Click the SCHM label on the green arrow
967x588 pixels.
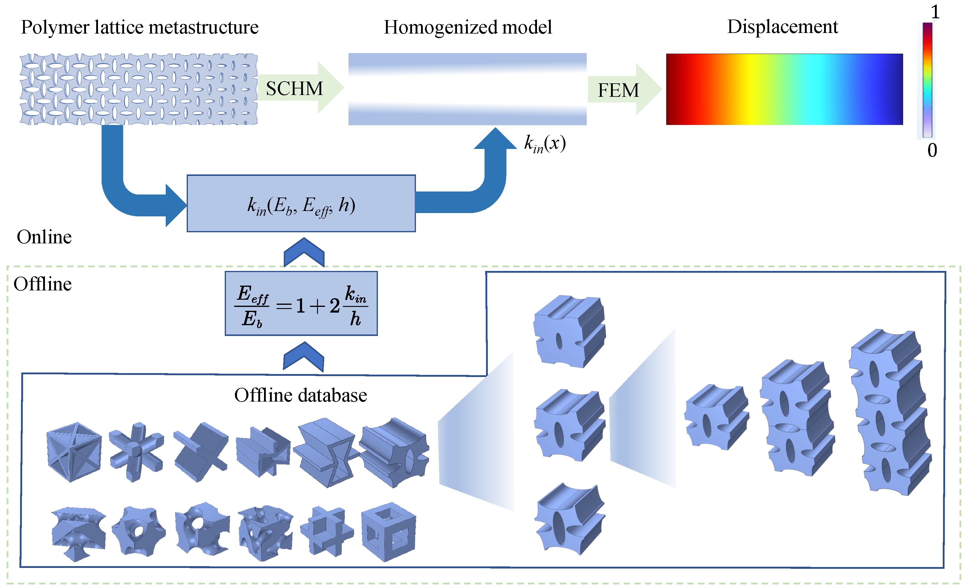pos(294,89)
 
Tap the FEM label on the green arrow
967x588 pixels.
pos(618,90)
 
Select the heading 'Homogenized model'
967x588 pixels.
pos(467,28)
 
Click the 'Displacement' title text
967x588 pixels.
pos(782,27)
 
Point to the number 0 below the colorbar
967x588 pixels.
pos(932,150)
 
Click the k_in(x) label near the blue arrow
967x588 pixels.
pos(545,144)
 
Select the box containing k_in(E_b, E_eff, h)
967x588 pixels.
pos(301,203)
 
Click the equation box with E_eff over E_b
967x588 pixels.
pos(301,303)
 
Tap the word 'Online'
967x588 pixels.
pos(44,237)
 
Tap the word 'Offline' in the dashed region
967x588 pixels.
pos(42,284)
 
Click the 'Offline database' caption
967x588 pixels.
pos(301,395)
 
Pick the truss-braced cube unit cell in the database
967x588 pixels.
pos(74,452)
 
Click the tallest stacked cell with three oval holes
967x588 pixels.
pos(890,412)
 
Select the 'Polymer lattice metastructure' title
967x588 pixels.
pos(139,28)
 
